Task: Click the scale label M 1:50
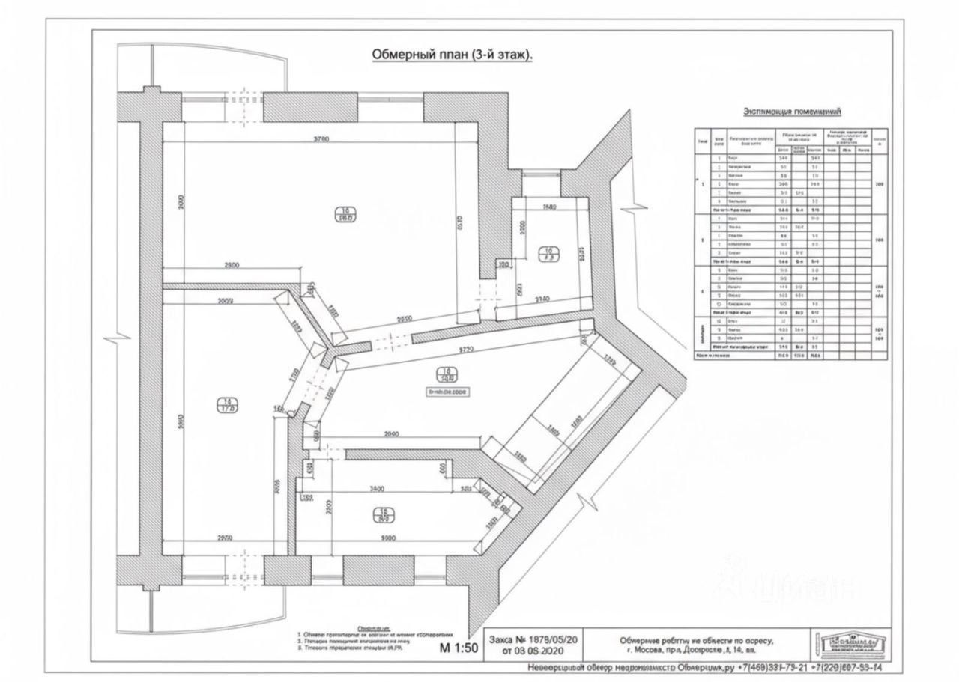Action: [x=459, y=649]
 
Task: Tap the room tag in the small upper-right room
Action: [x=548, y=253]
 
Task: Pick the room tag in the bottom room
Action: [x=381, y=515]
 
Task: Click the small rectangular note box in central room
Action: [x=447, y=390]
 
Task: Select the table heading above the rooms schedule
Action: [x=792, y=112]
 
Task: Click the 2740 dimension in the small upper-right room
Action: [x=542, y=299]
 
